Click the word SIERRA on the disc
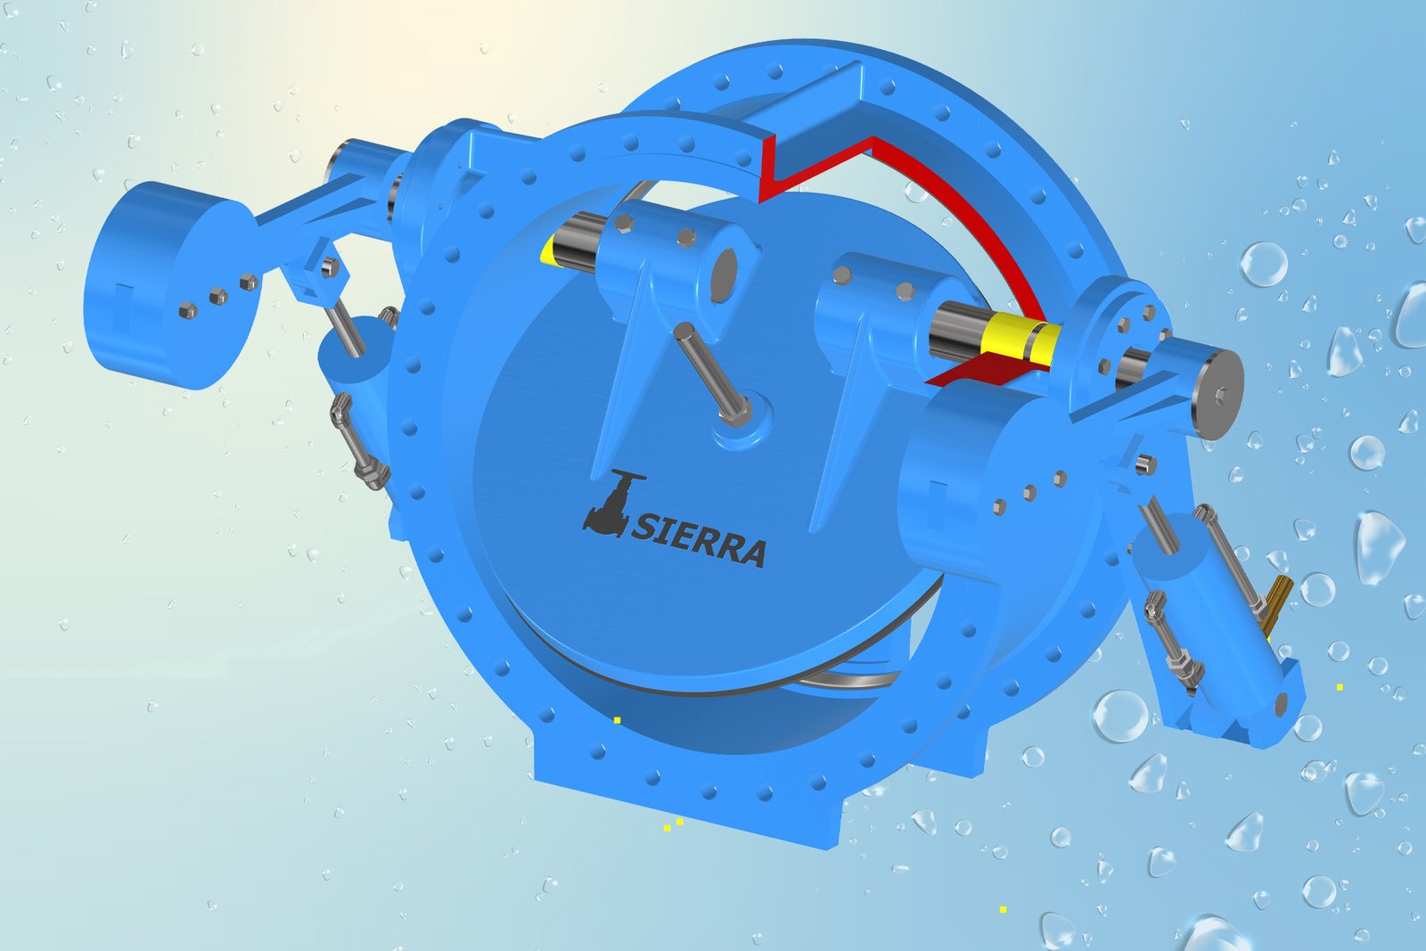pos(699,538)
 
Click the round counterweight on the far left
pos(170,284)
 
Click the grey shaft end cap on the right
pos(1217,394)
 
